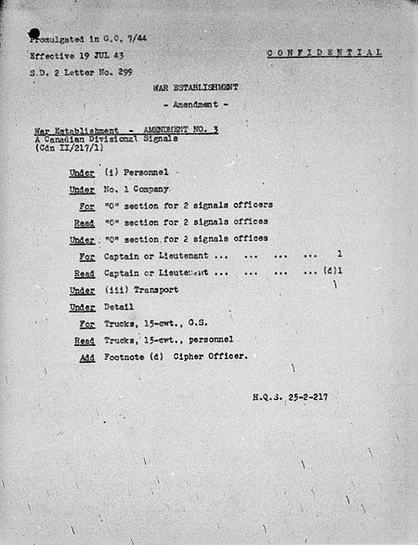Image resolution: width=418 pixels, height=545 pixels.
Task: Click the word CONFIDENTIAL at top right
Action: pyautogui.click(x=324, y=53)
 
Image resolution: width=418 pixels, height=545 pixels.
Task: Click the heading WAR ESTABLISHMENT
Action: pyautogui.click(x=197, y=86)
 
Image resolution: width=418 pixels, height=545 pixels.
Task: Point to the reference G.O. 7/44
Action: pyautogui.click(x=127, y=40)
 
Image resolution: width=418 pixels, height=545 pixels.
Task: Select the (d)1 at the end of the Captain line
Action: pyautogui.click(x=331, y=272)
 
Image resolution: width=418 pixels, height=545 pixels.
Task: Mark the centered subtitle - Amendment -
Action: pyautogui.click(x=197, y=106)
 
